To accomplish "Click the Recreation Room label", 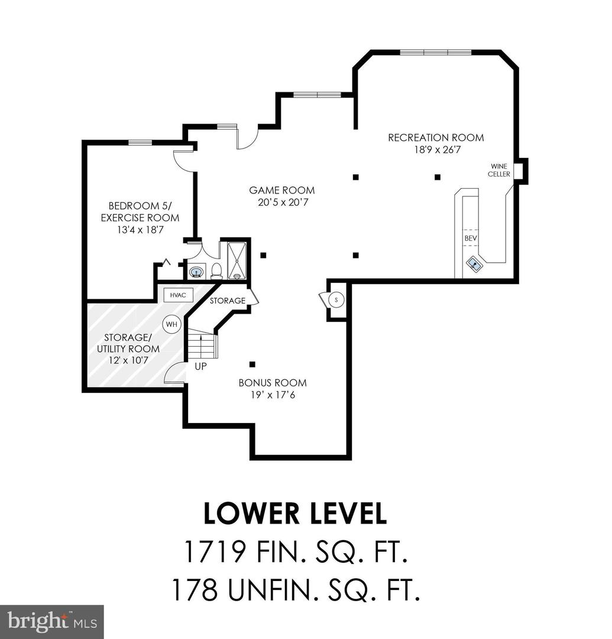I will click(x=435, y=138).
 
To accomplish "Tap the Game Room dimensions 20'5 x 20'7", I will click(x=281, y=202).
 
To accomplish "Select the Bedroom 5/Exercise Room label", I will click(x=140, y=212).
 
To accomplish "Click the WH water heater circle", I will click(x=171, y=324).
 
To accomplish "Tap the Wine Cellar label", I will click(x=498, y=170).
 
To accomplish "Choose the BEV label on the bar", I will click(x=470, y=238).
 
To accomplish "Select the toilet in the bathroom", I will click(x=216, y=270).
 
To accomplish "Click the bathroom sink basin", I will click(x=196, y=272).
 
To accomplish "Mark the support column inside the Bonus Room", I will click(x=252, y=364).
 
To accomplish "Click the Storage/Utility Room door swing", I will click(x=174, y=374).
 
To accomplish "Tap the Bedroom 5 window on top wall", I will click(x=140, y=142).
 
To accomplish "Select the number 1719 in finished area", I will click(x=215, y=553).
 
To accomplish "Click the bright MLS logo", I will click(x=52, y=621).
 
